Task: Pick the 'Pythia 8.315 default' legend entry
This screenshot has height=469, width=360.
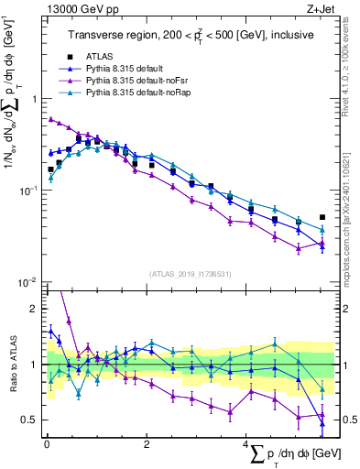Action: [x=126, y=68]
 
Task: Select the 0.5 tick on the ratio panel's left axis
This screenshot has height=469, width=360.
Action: [x=30, y=420]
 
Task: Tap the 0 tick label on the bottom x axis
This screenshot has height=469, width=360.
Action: [x=47, y=444]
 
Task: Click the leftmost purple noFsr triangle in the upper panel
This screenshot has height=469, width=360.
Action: [x=50, y=118]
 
